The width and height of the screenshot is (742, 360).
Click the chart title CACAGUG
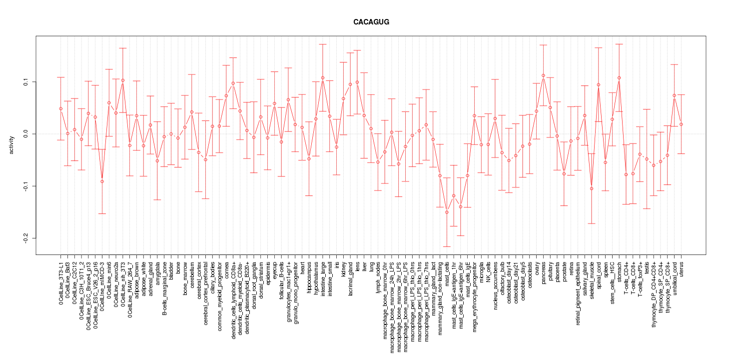coord(371,22)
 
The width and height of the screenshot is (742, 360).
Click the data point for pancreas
coord(543,75)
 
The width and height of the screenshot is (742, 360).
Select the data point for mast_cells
coord(447,212)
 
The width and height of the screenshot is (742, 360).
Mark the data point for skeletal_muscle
coord(592,188)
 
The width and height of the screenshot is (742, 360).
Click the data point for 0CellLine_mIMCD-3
coord(102,181)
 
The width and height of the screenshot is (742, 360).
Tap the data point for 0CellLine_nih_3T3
coord(123,80)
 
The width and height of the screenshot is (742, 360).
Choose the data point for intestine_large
coord(323,77)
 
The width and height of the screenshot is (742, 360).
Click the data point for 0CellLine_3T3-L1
coord(61,108)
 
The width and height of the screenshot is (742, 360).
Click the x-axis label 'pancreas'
coord(544,272)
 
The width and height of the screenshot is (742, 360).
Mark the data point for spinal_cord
coord(599,84)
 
